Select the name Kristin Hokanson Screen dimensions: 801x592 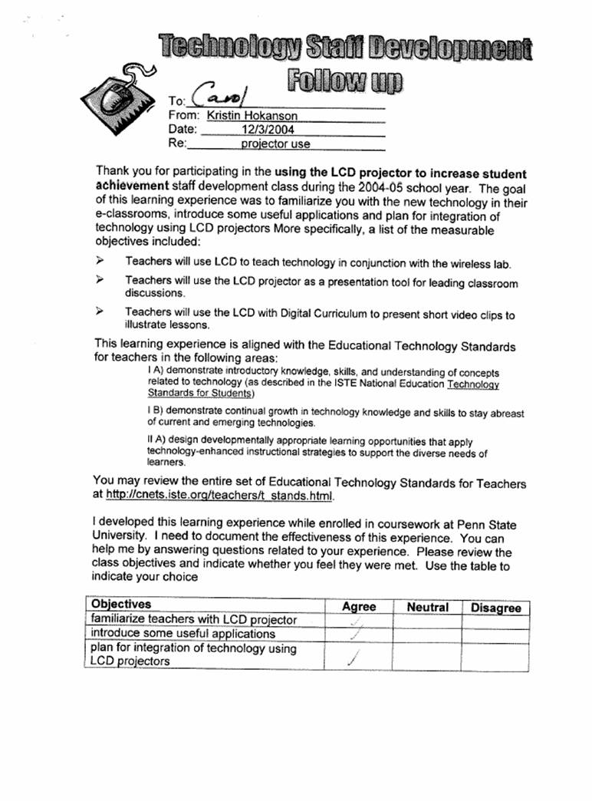(x=252, y=116)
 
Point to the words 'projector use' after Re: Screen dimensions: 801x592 (x=275, y=143)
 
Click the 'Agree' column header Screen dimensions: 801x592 (x=358, y=607)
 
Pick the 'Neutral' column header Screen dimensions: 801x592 (x=427, y=607)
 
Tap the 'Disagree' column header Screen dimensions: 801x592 (x=495, y=608)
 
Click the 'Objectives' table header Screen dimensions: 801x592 (x=121, y=605)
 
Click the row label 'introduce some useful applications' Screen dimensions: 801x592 (x=183, y=634)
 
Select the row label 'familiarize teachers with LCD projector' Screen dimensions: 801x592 (x=193, y=619)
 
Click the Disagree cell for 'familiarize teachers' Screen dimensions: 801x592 (x=495, y=621)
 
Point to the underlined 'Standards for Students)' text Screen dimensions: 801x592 (x=200, y=394)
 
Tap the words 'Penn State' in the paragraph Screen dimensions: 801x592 (x=485, y=525)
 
